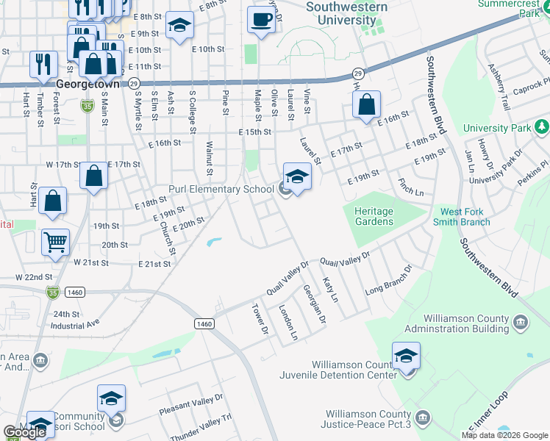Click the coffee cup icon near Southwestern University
coord(260,19)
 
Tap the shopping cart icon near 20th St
coord(56,242)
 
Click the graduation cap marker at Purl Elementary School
coord(297,177)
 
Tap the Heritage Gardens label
coord(374,216)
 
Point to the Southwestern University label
coord(346,13)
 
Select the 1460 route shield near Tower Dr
coord(204,323)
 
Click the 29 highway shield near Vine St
coord(357,73)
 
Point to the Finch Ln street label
coord(410,187)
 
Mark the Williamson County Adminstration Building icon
coord(520,322)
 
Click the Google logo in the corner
coord(25,432)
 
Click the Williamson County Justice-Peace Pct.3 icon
coord(422,418)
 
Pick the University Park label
coord(497,128)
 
